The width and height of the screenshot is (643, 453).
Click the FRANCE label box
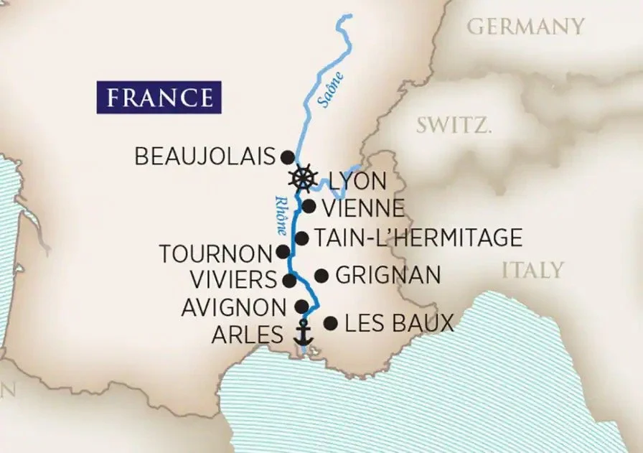pos(159,97)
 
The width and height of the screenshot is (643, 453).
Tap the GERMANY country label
pos(525,27)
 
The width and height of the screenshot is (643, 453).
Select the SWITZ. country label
pos(454,126)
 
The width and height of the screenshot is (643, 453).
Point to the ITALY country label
pos(532,270)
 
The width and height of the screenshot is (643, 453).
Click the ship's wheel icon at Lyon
pos(304,177)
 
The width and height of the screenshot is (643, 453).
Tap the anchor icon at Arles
pos(304,333)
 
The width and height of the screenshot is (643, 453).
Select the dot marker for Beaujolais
pos(287,157)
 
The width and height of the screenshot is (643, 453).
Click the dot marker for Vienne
pos(309,207)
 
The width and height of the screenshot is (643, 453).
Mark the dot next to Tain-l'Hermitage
pos(302,238)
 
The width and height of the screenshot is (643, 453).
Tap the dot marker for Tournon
pos(283,252)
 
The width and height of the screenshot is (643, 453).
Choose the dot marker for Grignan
pos(321,275)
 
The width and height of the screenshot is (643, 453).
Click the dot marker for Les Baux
pos(330,323)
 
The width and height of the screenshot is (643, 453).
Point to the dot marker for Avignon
pos(302,307)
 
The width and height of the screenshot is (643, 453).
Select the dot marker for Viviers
pos(290,279)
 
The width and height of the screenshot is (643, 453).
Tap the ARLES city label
pos(248,335)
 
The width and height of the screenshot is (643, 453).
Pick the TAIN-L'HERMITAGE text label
pos(418,238)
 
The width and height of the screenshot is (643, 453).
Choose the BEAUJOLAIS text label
pos(205,157)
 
